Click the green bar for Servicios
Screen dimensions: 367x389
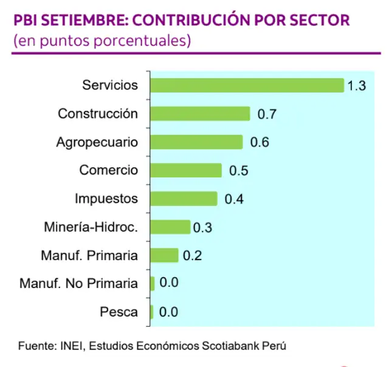point(247,85)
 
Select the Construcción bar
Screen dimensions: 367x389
point(200,114)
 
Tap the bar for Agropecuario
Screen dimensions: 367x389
point(196,142)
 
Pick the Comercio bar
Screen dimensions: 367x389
point(185,171)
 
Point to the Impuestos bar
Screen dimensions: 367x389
point(184,199)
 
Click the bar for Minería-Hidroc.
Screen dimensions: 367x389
point(170,227)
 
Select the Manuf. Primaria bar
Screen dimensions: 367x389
point(164,255)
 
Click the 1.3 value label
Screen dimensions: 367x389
point(356,86)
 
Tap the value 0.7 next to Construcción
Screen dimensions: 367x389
point(267,114)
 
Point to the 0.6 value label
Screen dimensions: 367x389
point(260,143)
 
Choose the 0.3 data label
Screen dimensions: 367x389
point(202,228)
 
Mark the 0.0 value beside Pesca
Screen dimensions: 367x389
point(168,313)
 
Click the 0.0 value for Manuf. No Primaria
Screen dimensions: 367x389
point(169,284)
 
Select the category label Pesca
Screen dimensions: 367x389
point(119,313)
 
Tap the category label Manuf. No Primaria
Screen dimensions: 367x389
point(78,284)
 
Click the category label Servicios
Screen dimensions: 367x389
point(110,85)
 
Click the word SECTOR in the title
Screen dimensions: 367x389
point(321,21)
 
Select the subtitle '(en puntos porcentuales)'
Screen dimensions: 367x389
point(102,42)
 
